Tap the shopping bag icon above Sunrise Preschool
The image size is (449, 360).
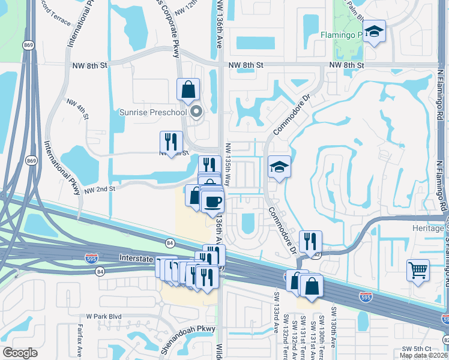coord(188,89)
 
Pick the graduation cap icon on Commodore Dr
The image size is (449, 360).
coord(279,167)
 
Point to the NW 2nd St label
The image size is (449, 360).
coord(99,189)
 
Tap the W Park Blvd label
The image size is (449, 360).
coord(103,316)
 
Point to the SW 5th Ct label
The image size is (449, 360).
coord(417,348)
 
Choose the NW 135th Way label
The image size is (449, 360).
coord(228,164)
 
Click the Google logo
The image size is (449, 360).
coord(20,353)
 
